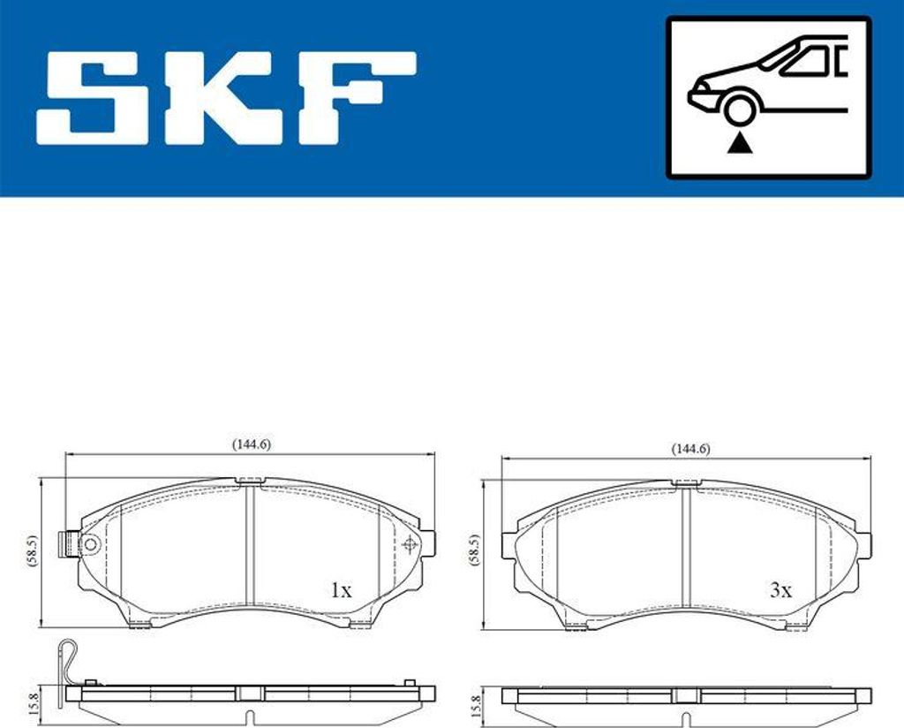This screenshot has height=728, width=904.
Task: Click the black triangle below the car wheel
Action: point(738,141)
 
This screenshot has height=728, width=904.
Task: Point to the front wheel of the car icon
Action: point(738,110)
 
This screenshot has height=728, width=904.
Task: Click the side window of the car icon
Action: point(805,62)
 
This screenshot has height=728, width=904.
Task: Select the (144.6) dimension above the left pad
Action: point(252,444)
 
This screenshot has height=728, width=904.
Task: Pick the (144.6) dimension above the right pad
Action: point(689,449)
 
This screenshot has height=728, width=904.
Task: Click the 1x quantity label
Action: point(340,591)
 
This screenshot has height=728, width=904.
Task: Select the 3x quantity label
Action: point(780,591)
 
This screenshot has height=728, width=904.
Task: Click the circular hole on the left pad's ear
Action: point(89,545)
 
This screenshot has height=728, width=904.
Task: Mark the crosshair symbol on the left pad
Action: point(409,544)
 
